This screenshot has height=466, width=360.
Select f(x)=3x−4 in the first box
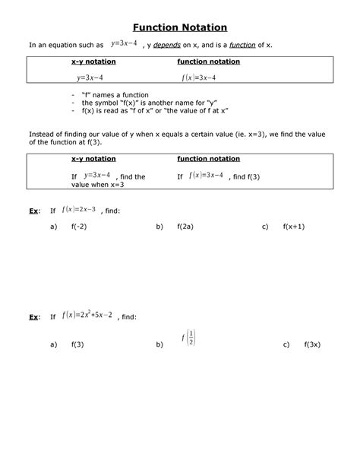coord(198,78)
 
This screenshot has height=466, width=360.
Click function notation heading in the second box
coord(208,159)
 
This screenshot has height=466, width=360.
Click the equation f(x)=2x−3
coord(80,209)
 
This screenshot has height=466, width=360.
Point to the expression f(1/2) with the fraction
coord(189,338)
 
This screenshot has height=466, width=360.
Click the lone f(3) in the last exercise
coord(77,344)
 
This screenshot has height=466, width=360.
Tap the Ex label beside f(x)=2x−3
coord(33,209)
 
